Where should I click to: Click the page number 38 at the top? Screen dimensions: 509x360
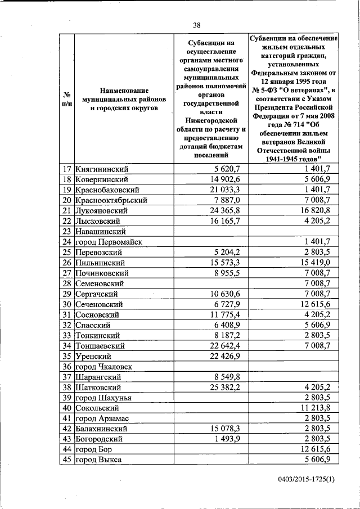pos(197,25)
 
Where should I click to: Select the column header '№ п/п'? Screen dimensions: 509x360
pos(66,99)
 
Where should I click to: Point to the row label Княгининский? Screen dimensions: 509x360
pos(102,169)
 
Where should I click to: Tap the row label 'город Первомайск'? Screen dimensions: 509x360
pos(109,242)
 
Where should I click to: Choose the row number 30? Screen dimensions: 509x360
pos(67,304)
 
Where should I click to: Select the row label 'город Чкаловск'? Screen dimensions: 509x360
pos(104,366)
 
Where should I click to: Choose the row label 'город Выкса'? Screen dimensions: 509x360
pos(99,460)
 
